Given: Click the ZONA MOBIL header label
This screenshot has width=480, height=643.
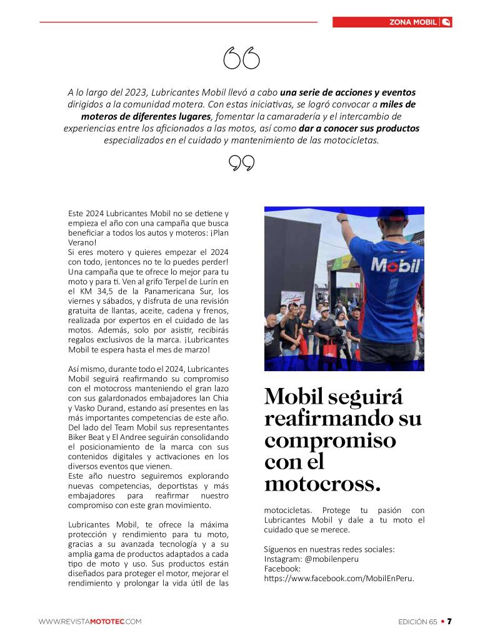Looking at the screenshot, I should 412,22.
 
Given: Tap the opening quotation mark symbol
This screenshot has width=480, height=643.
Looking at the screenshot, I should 241,59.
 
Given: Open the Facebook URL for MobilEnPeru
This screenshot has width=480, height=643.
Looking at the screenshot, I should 339,578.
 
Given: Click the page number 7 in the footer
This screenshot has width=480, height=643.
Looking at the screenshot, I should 449,621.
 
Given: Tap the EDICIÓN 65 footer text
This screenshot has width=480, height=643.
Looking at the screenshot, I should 417,621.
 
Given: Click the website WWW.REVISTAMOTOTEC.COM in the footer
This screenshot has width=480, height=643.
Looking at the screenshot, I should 90,621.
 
